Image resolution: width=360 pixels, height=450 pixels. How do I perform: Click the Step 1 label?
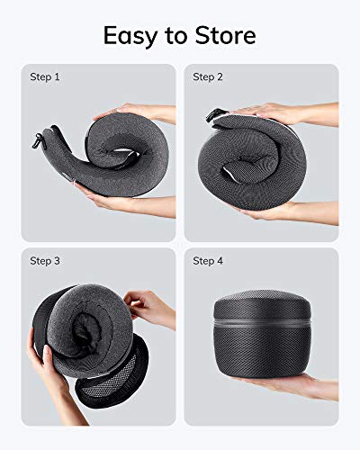click(44, 77)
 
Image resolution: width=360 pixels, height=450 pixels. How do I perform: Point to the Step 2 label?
click(208, 77)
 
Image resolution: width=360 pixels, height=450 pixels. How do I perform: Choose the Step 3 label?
click(44, 261)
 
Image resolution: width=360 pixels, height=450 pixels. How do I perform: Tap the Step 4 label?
click(208, 261)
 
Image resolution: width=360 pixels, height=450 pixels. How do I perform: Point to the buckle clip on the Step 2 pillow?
click(215, 115)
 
